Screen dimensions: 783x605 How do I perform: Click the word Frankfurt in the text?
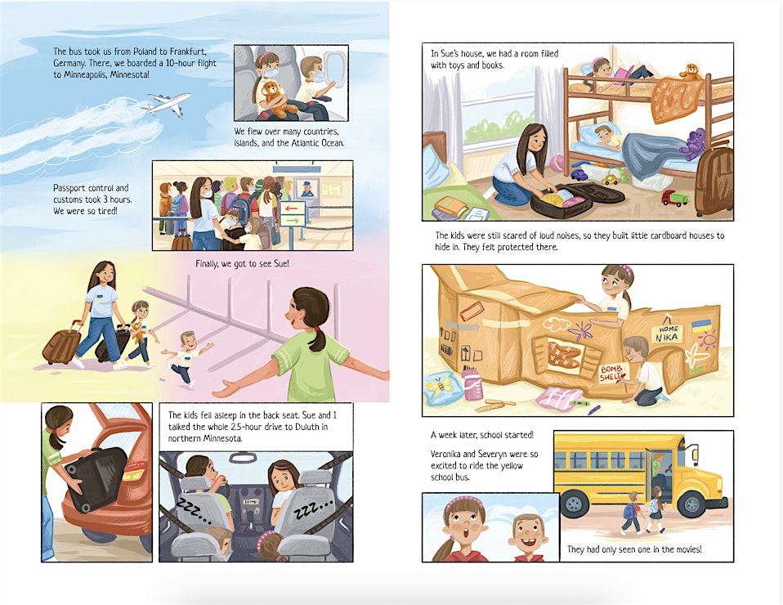click(188, 52)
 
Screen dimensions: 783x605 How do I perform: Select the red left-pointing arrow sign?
click(292, 208)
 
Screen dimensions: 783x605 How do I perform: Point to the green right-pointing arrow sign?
click(292, 220)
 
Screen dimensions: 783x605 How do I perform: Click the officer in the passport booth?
click(306, 189)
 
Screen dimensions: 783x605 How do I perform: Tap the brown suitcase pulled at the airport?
click(62, 343)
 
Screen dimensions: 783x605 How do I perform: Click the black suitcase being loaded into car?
click(97, 478)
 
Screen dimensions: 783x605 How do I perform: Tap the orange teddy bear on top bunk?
click(691, 71)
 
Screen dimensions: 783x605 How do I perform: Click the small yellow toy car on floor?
click(610, 179)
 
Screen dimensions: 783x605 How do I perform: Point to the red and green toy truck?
click(674, 198)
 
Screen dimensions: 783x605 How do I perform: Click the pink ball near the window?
click(557, 163)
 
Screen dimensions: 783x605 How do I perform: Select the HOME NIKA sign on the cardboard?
click(667, 334)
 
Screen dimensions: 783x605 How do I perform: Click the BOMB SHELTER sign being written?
click(613, 373)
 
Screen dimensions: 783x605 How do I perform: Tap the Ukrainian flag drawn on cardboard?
click(701, 326)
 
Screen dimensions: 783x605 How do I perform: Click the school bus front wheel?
click(691, 504)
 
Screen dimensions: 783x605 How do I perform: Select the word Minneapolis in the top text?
click(83, 75)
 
